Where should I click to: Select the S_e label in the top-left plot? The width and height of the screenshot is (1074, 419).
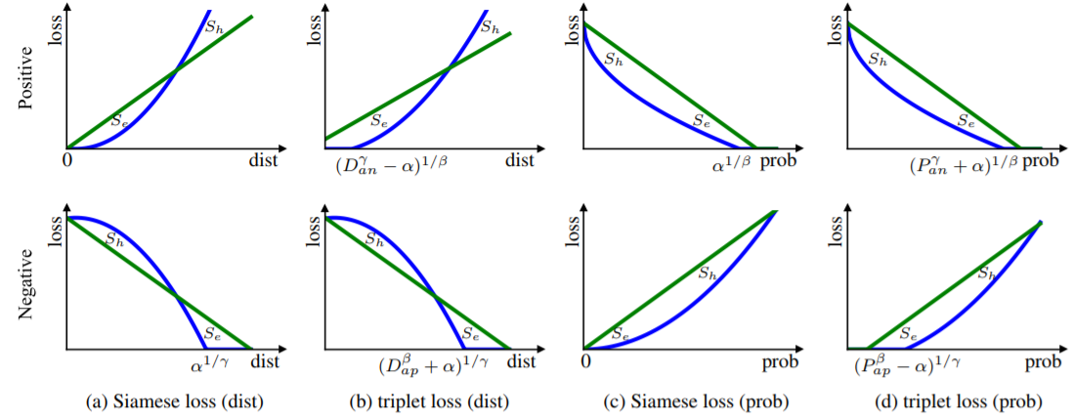[x=118, y=121]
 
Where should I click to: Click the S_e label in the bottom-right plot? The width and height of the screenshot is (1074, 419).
[x=907, y=334]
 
